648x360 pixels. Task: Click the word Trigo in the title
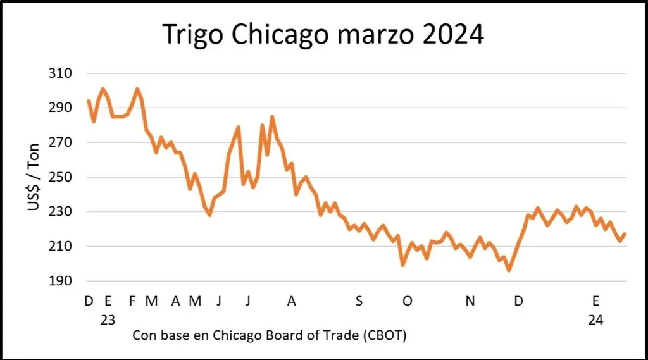194,35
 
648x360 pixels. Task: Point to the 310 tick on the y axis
60,73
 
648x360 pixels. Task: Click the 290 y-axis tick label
60,108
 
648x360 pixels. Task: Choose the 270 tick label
60,142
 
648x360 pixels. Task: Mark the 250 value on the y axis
60,177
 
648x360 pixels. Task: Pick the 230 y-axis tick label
60,211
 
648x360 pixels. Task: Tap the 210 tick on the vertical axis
60,246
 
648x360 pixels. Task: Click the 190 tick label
60,281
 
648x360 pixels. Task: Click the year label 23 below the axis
108,320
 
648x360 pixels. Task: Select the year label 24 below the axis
595,320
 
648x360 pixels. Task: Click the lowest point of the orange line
508,270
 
